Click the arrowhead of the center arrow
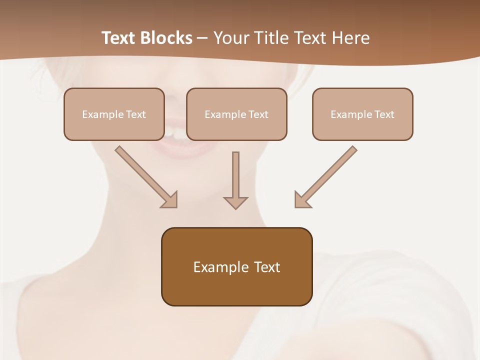[235, 202]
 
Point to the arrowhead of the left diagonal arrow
[170, 200]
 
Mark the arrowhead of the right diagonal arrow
[301, 200]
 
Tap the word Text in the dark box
[267, 267]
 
